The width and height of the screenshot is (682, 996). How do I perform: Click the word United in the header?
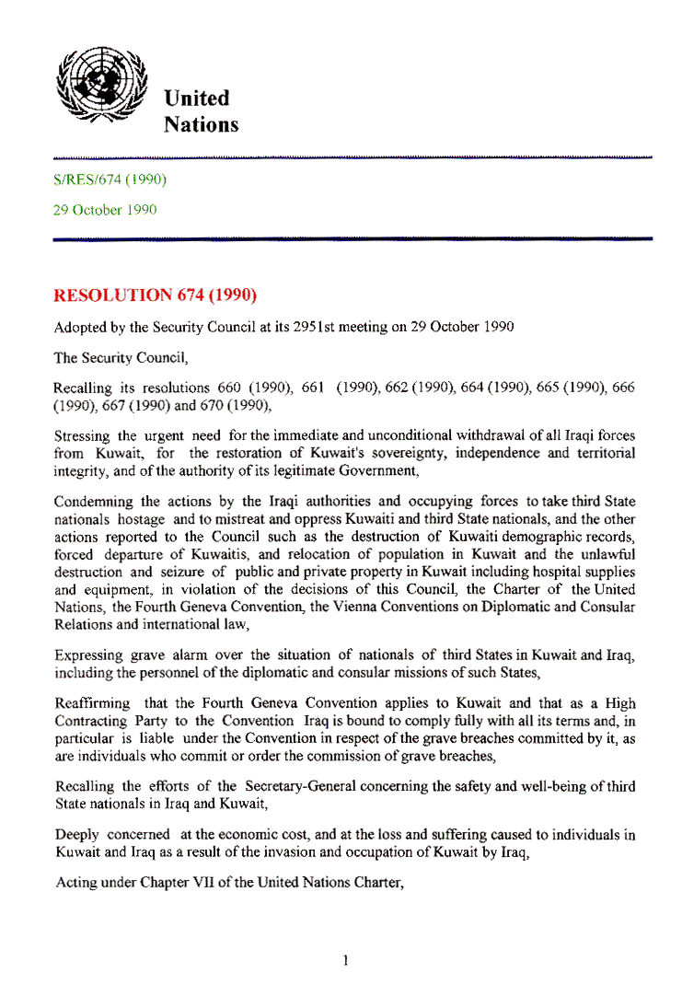196,98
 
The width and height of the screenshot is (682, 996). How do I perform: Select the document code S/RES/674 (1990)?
110,180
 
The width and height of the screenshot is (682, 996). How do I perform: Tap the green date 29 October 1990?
105,210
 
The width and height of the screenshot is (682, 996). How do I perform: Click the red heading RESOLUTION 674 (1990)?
154,295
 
